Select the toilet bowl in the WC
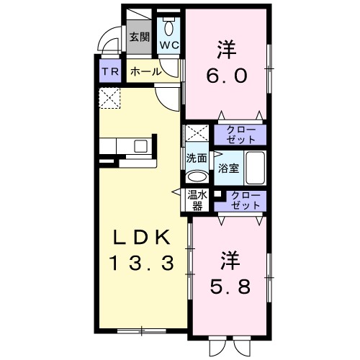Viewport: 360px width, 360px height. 169,27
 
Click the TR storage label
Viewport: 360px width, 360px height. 110,71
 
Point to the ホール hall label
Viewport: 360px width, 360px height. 145,71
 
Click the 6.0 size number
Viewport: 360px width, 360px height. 228,76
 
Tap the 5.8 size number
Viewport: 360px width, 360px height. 230,286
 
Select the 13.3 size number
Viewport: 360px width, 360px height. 142,264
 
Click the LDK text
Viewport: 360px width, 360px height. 142,238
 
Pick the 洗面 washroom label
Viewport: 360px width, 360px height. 197,158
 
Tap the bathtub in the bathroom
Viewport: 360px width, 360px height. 255,168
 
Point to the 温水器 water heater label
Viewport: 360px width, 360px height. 197,199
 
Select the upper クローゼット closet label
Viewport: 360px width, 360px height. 239,134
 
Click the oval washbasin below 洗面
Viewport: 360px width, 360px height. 197,176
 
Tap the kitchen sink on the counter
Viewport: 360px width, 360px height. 140,146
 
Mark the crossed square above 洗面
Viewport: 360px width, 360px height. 197,135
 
